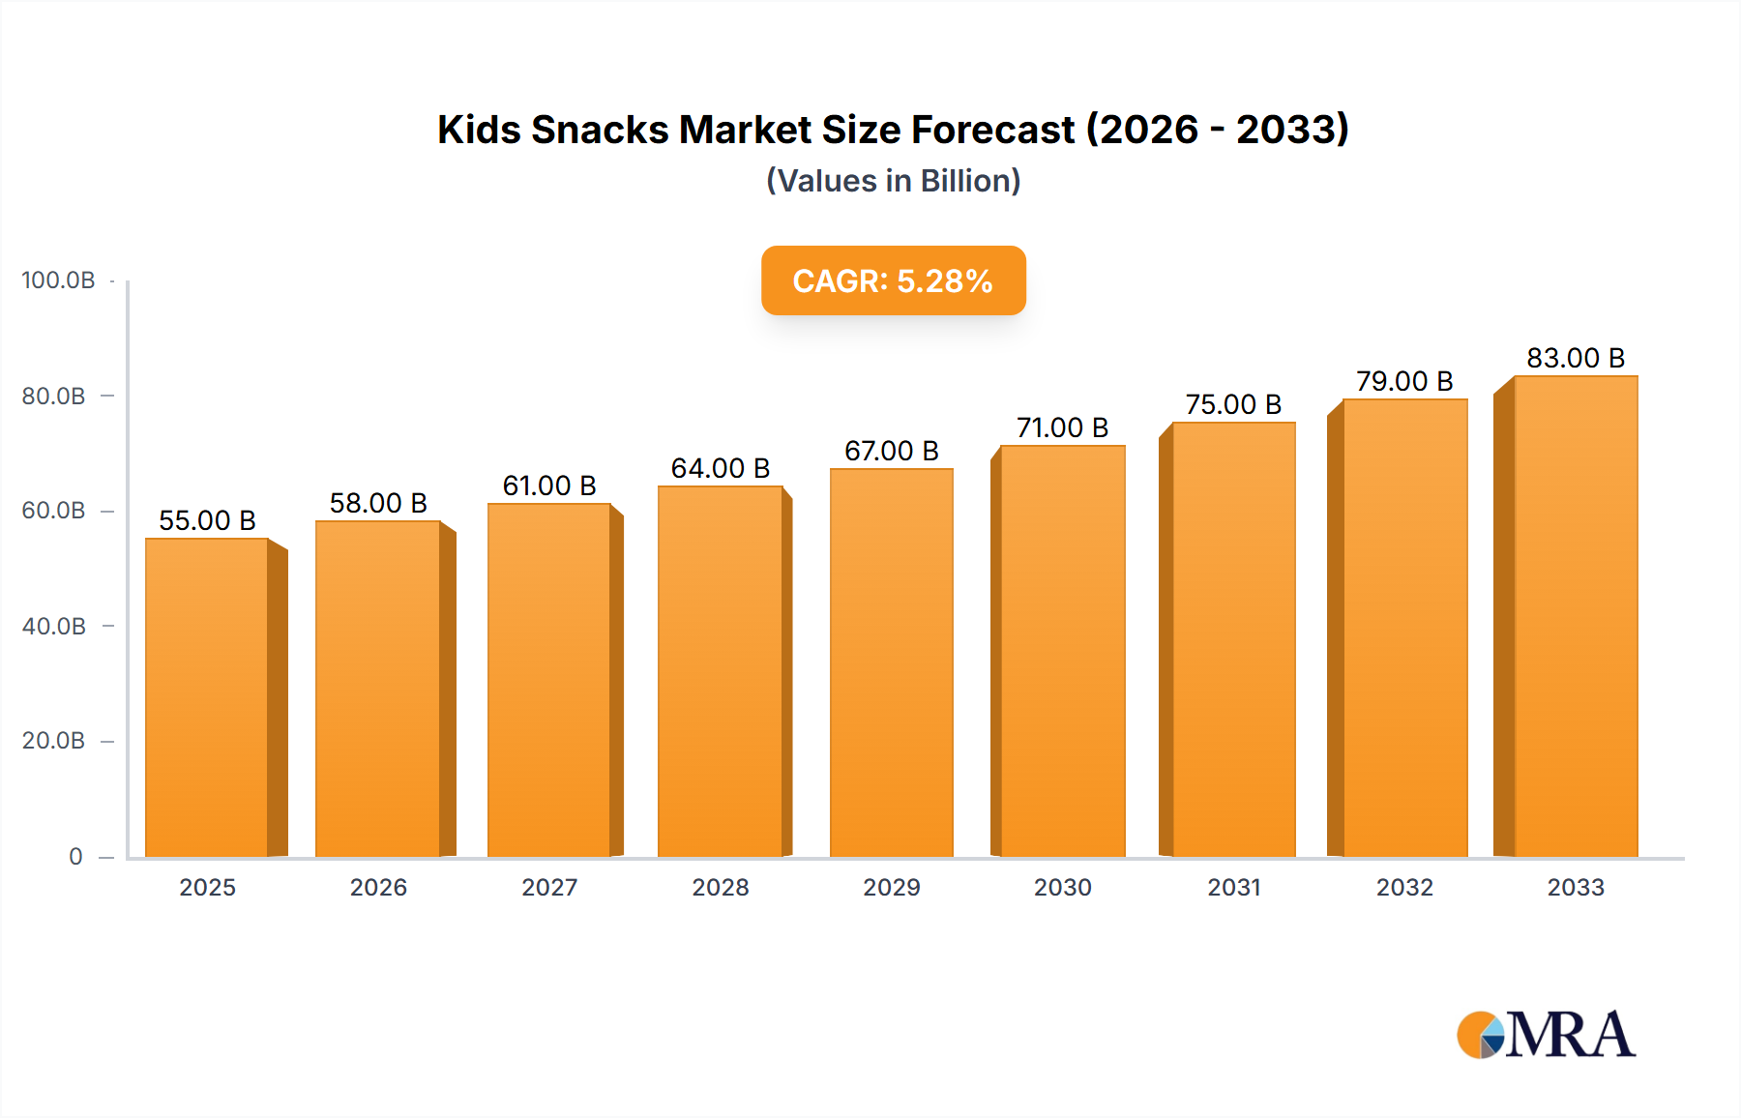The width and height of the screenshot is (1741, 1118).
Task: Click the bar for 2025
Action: point(207,696)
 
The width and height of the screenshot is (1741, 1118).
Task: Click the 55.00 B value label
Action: point(207,520)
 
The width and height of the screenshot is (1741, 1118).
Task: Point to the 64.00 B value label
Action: point(721,468)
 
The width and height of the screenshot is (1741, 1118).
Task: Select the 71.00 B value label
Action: point(1062,427)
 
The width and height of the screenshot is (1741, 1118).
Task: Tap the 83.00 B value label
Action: point(1576,358)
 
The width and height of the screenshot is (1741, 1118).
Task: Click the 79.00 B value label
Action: point(1404,381)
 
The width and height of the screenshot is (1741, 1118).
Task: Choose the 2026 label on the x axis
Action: point(378,887)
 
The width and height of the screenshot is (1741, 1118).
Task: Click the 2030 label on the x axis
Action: point(1062,887)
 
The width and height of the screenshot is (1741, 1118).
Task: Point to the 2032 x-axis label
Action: point(1404,887)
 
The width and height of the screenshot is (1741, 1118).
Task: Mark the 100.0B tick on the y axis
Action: point(58,280)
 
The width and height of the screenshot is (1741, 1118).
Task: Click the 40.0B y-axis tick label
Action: point(54,626)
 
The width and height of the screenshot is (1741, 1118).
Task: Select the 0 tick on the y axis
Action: point(75,856)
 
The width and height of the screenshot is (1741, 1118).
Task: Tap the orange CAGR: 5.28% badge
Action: point(893,280)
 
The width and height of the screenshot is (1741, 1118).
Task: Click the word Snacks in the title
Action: point(600,130)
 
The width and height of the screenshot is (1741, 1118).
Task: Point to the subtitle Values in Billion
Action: point(893,181)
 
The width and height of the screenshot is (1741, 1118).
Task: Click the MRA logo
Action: point(1546,1035)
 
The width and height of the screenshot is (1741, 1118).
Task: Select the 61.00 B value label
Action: point(549,485)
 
